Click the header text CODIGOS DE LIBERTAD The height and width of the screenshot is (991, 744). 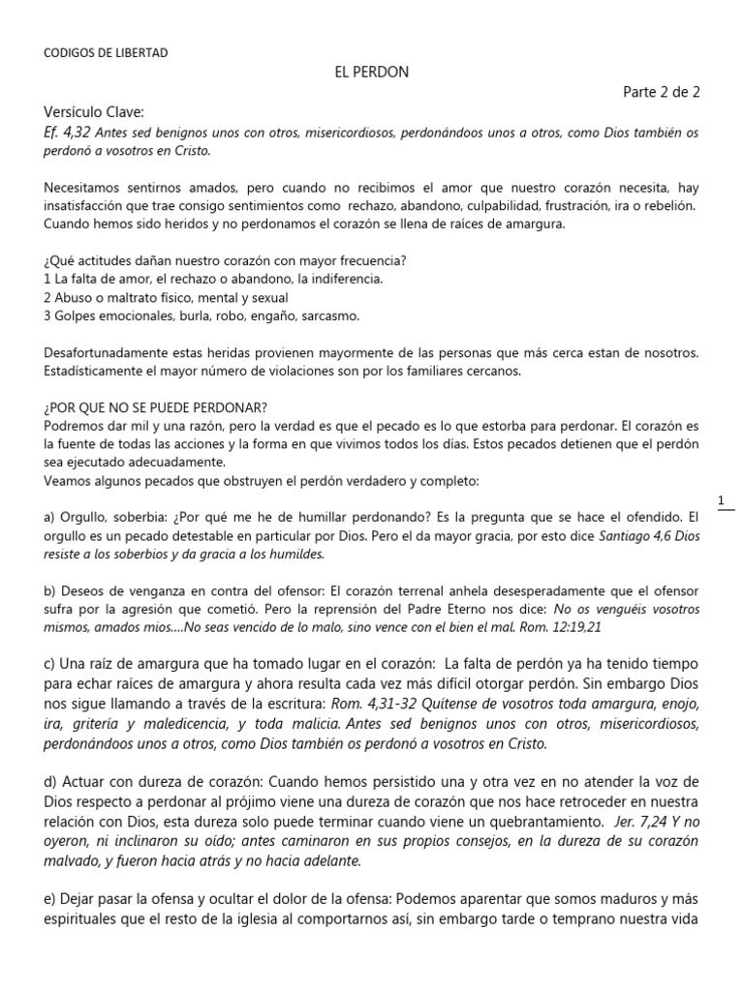(107, 53)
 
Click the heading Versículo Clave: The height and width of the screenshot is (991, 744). (100, 112)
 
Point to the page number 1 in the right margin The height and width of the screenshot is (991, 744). (721, 500)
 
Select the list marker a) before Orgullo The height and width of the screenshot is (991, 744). (50, 518)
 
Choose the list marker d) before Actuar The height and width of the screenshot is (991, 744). (51, 780)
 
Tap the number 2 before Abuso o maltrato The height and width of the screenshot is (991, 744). (48, 298)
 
